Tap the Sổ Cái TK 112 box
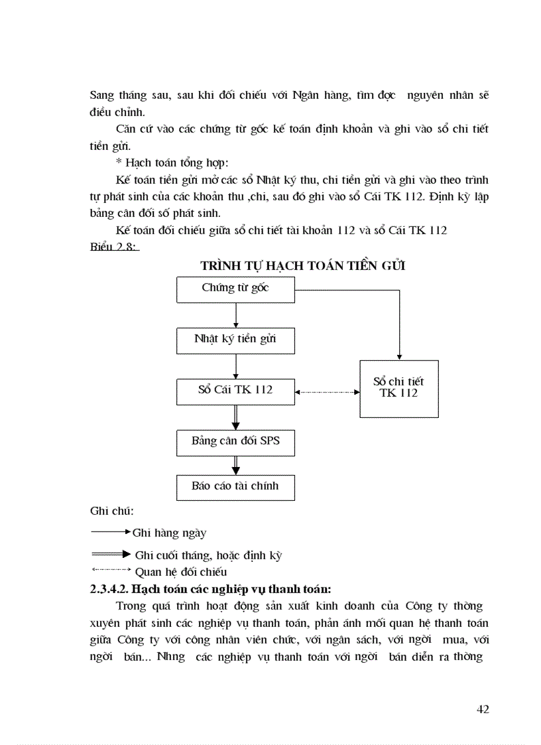[x=235, y=391]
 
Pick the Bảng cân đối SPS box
[x=235, y=442]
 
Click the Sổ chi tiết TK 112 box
[x=398, y=389]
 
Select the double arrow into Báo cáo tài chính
[x=236, y=465]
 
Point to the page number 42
[x=483, y=709]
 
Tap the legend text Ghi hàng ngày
[x=170, y=533]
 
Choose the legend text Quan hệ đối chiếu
[x=181, y=571]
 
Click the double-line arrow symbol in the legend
[x=111, y=555]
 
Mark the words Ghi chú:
[x=111, y=511]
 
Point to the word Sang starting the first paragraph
[x=103, y=96]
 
